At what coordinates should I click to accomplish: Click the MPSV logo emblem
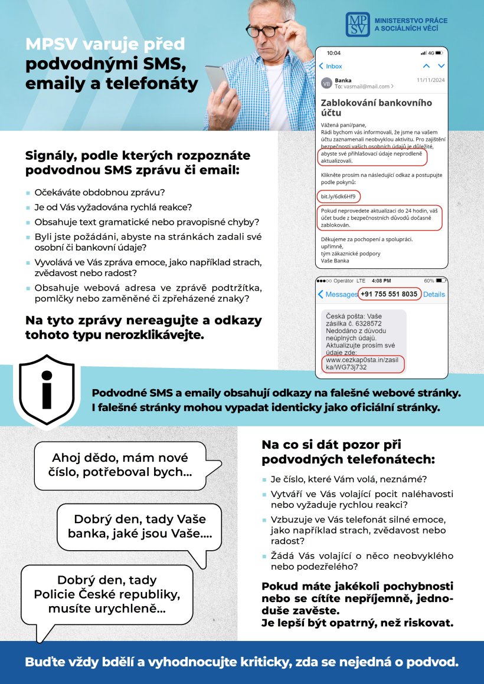(x=358, y=24)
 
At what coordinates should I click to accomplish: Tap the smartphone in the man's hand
(x=216, y=83)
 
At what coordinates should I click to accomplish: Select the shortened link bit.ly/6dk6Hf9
(x=338, y=196)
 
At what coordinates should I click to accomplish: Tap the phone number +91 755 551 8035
(x=389, y=294)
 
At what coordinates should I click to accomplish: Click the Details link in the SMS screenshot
(x=434, y=294)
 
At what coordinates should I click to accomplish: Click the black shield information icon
(x=46, y=389)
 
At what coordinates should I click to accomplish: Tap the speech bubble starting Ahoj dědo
(x=120, y=465)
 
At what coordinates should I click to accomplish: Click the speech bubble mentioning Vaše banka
(x=139, y=527)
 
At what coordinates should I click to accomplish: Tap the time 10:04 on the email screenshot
(x=333, y=52)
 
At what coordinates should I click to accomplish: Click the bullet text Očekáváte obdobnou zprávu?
(x=99, y=193)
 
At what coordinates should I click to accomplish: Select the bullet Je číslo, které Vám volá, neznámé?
(x=348, y=479)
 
